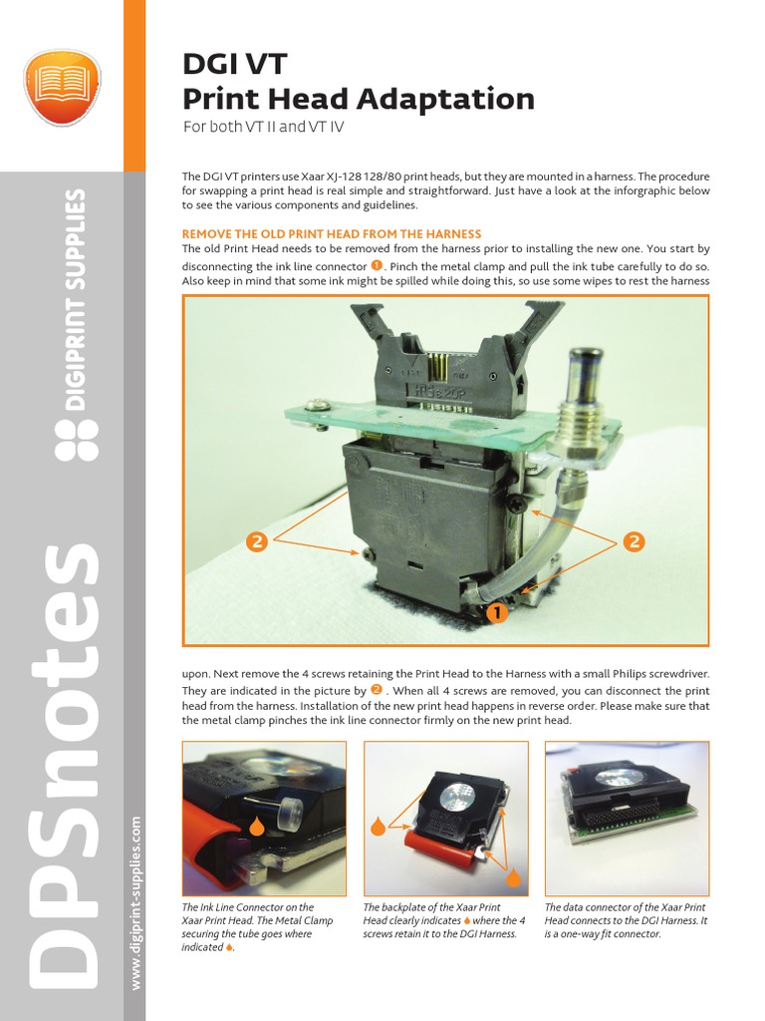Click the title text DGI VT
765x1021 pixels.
tap(233, 65)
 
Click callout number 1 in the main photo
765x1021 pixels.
tap(495, 613)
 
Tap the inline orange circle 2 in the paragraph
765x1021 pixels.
tap(376, 690)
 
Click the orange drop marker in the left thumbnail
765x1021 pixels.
tap(256, 826)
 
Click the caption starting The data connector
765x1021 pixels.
tap(626, 920)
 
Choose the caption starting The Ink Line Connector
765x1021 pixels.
tap(248, 927)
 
